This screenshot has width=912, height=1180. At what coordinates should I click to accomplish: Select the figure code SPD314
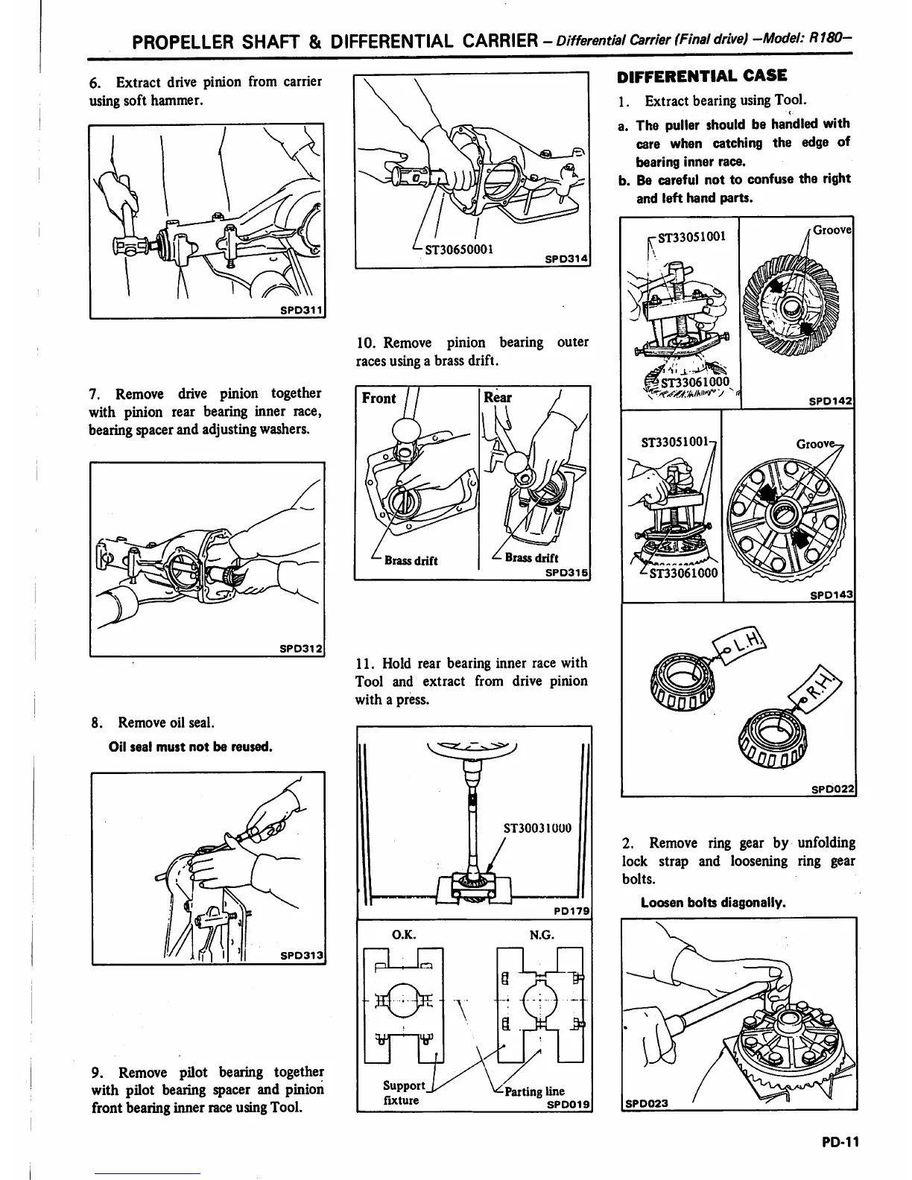[566, 258]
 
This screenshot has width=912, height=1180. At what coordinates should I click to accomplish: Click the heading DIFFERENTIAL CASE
[702, 76]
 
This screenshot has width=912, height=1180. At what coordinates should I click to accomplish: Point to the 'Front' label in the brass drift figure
[379, 399]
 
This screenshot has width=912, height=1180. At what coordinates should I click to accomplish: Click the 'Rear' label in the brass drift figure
[498, 398]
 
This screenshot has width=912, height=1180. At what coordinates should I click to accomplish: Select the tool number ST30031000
[537, 828]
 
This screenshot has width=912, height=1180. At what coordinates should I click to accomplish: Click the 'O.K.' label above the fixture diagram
[403, 934]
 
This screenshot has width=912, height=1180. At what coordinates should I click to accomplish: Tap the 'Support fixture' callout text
[403, 1093]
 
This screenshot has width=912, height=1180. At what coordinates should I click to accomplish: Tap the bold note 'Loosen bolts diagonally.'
[713, 903]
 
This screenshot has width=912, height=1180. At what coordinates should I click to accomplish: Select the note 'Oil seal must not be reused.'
[191, 746]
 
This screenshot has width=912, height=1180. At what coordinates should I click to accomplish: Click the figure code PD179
[571, 910]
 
